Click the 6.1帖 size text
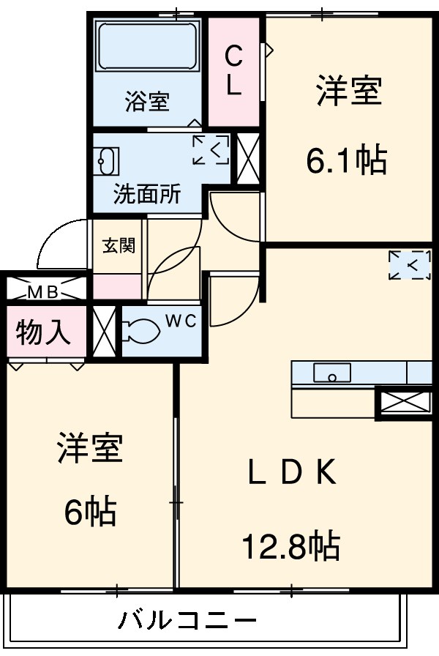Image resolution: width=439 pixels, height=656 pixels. click(346, 160)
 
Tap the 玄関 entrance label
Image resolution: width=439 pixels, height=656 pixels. click(119, 246)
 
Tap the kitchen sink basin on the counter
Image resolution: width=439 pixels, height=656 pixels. click(332, 373)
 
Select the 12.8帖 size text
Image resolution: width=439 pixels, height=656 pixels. click(291, 544)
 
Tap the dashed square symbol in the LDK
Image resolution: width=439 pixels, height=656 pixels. click(410, 265)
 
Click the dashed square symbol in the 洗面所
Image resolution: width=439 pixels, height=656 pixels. click(211, 150)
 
